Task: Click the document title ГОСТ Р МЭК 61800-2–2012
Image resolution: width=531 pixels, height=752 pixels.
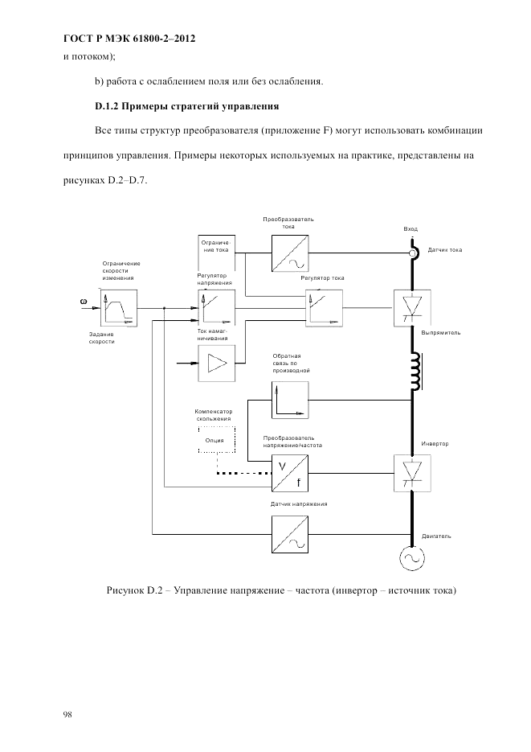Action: point(129,38)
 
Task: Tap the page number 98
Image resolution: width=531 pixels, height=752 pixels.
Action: point(68,714)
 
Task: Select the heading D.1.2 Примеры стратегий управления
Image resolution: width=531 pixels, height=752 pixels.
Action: point(187,105)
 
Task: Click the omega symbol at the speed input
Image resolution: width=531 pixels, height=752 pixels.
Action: point(83,302)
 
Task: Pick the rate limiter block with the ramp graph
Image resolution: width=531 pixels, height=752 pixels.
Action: point(119,308)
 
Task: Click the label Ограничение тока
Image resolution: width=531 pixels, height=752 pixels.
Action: point(216,245)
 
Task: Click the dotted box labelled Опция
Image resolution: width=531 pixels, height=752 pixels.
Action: point(215,440)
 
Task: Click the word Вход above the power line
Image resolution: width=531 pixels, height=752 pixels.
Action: point(411,229)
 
